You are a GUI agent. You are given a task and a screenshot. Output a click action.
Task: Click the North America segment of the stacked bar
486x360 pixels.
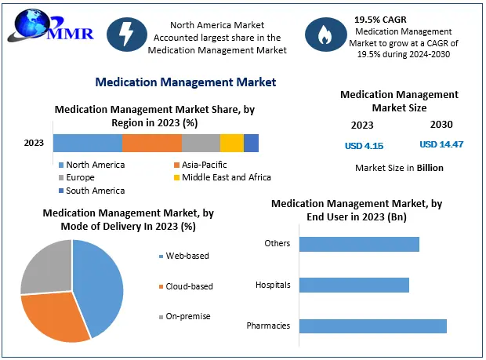(x=87, y=143)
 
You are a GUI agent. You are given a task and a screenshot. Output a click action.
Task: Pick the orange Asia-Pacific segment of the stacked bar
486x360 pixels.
(x=151, y=143)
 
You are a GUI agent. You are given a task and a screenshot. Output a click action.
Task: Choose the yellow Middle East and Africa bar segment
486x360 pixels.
(x=231, y=143)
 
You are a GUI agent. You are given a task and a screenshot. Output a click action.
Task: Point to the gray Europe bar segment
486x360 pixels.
(x=201, y=143)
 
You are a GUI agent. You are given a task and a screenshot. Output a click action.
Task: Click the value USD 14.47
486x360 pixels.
(x=441, y=144)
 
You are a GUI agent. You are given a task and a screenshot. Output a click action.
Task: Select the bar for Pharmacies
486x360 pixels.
(x=372, y=325)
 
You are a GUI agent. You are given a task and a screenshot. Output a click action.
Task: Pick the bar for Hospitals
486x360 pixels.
(x=354, y=285)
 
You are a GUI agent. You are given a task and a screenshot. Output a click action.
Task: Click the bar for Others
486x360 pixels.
(x=358, y=243)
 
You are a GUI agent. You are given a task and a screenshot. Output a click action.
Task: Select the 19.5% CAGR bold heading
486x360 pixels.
(x=382, y=18)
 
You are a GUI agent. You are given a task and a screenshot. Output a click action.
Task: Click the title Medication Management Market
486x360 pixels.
(x=185, y=82)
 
